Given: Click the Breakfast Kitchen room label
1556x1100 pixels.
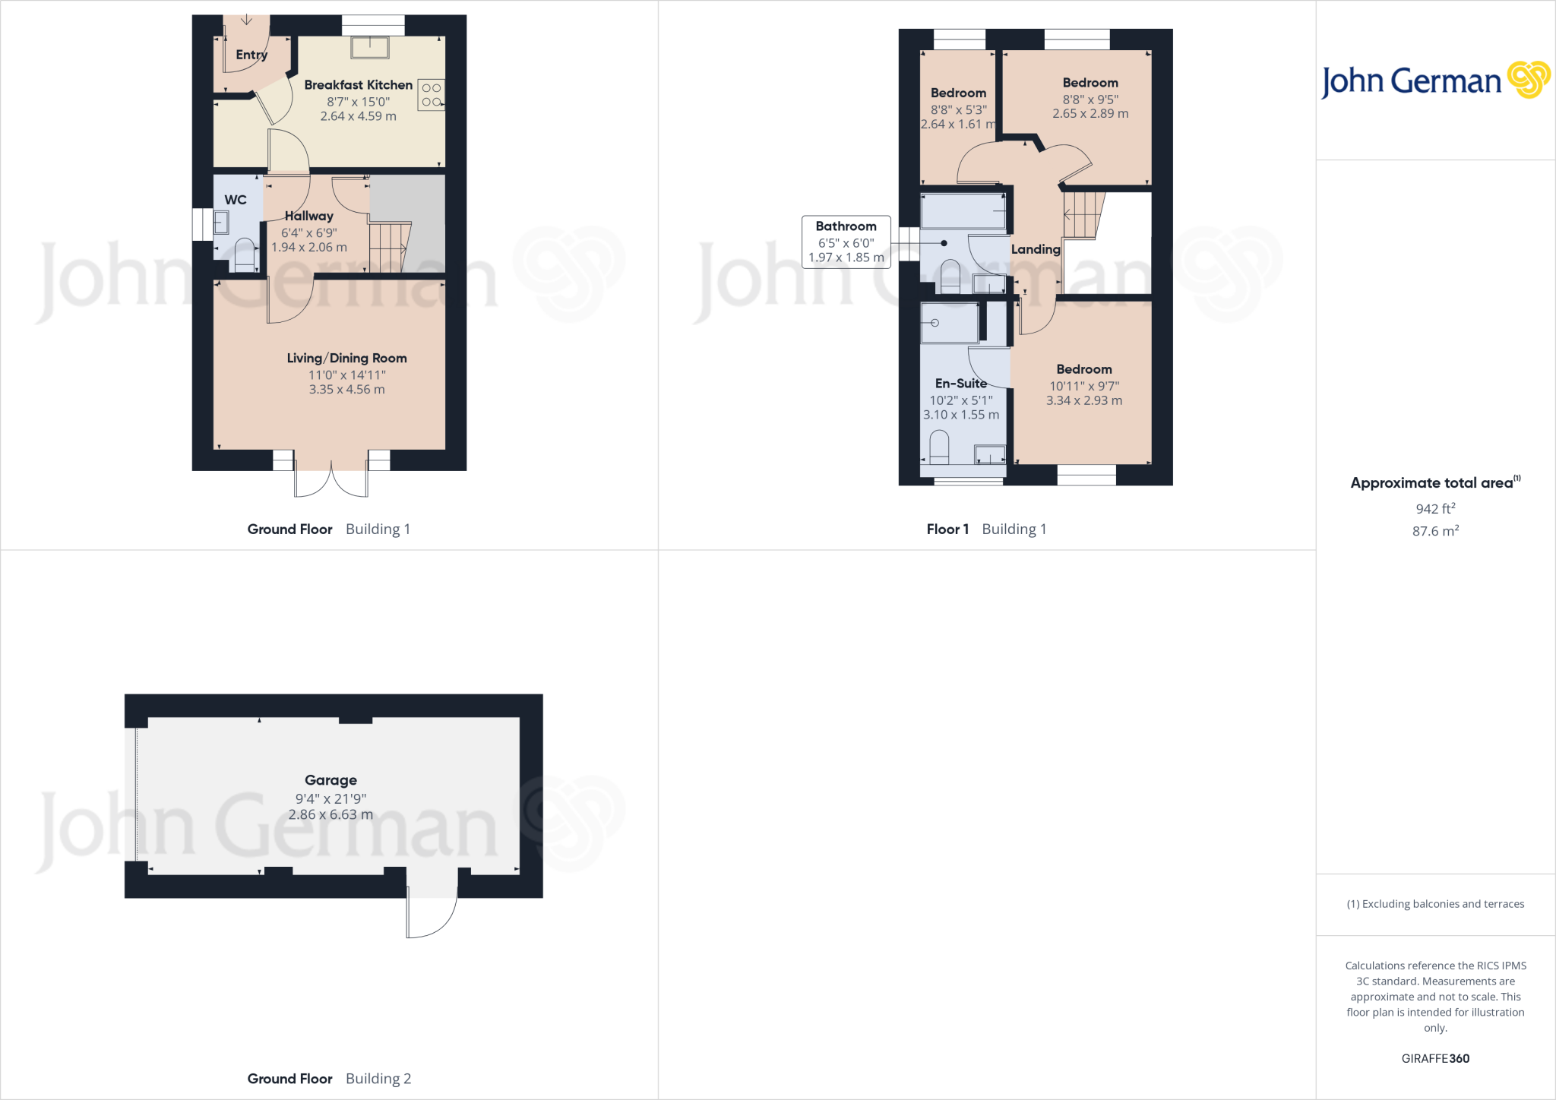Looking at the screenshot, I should pyautogui.click(x=358, y=85).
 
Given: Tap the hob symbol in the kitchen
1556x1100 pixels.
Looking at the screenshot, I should pyautogui.click(x=432, y=95).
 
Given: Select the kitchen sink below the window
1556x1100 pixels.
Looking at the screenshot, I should pyautogui.click(x=370, y=48).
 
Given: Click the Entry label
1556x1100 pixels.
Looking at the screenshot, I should pyautogui.click(x=251, y=55).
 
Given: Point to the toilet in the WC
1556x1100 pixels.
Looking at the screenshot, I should pyautogui.click(x=245, y=254).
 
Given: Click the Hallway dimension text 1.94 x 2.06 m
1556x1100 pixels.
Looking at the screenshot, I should pyautogui.click(x=309, y=248).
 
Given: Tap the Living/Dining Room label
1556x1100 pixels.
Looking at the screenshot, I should pyautogui.click(x=346, y=358).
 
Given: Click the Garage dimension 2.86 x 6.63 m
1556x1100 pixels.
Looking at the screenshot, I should pyautogui.click(x=330, y=814).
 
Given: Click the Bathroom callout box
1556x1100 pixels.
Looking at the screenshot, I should pyautogui.click(x=846, y=242).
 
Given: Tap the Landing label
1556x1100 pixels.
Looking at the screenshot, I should pyautogui.click(x=1036, y=249).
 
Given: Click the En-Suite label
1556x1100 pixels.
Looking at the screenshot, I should pyautogui.click(x=960, y=384).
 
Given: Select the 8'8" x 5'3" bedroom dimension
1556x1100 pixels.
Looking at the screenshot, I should pyautogui.click(x=959, y=109).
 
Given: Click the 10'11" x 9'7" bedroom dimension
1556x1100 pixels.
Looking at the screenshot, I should pyautogui.click(x=1084, y=386).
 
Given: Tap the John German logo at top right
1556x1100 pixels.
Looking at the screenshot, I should pyautogui.click(x=1435, y=80).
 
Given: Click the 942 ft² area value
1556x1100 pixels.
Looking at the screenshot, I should pyautogui.click(x=1435, y=508).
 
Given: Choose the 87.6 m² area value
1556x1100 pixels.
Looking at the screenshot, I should pyautogui.click(x=1435, y=531).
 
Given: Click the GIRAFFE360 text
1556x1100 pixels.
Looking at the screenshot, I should pyautogui.click(x=1435, y=1058).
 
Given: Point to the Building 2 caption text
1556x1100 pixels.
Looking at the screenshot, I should pyautogui.click(x=378, y=1079).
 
